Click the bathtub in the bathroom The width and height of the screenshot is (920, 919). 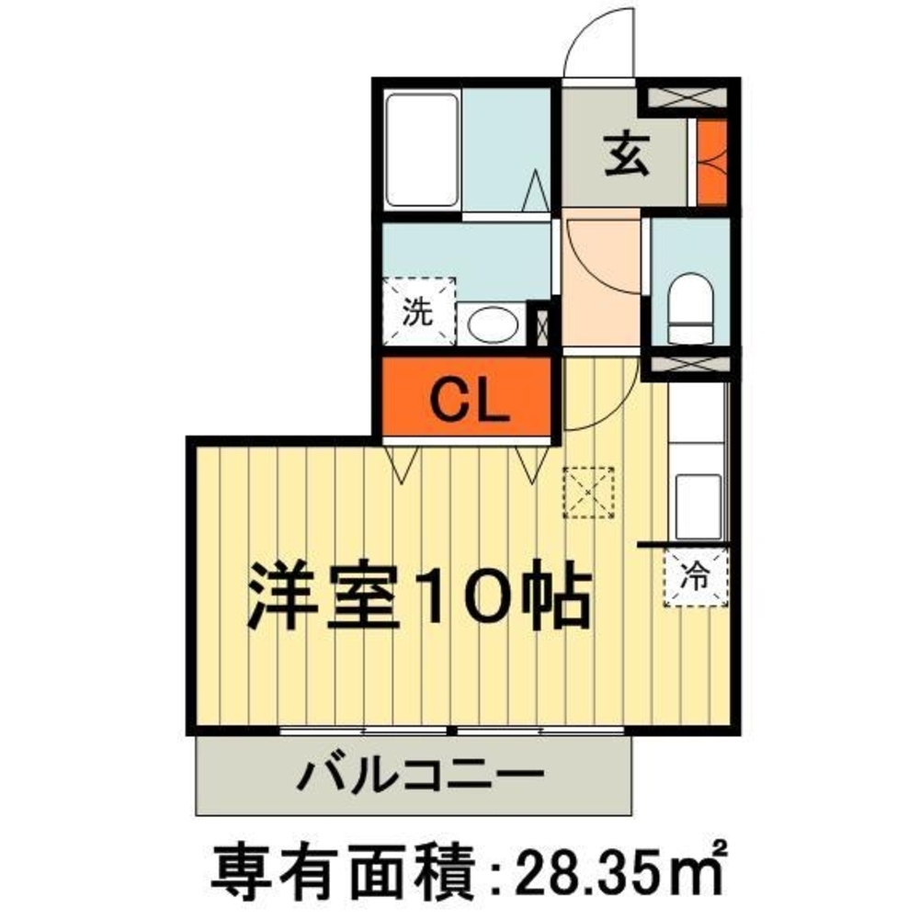422,150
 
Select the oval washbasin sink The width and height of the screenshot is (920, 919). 493,323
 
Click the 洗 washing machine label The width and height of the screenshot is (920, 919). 419,312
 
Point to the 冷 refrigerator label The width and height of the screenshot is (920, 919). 696,578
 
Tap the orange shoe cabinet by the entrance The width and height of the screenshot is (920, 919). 710,162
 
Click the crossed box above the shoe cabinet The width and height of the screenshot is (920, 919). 688,96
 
